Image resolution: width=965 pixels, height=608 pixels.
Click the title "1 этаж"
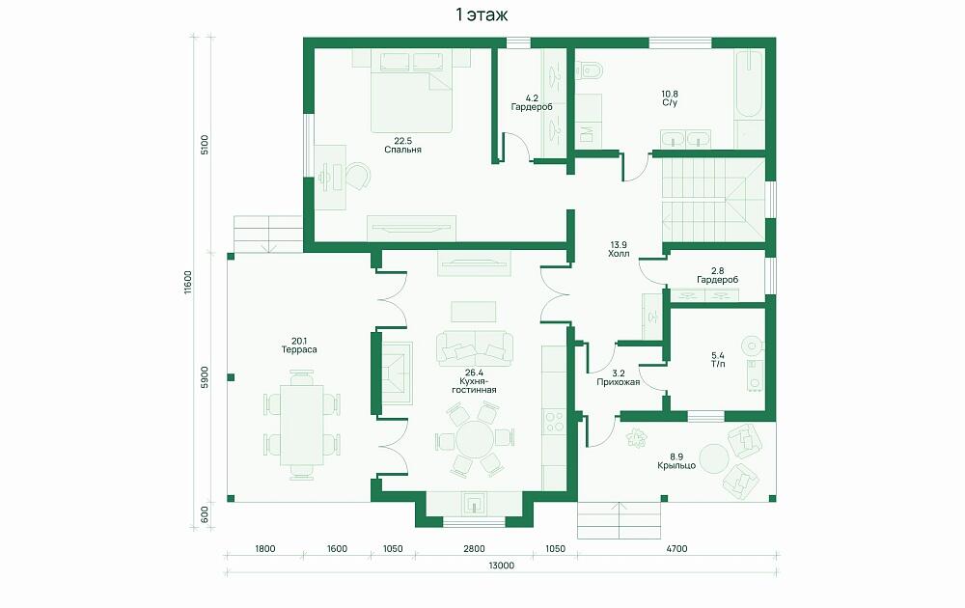click(482, 14)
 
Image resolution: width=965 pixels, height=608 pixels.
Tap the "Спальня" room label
click(402, 150)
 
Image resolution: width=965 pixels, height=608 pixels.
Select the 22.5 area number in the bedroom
click(402, 141)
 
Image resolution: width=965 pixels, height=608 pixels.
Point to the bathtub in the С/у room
click(749, 84)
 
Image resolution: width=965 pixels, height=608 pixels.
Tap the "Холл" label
click(619, 254)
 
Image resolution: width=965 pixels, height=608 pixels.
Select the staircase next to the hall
click(713, 201)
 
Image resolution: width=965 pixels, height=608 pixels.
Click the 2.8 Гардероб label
click(717, 275)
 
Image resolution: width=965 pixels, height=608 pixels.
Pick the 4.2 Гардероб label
click(532, 102)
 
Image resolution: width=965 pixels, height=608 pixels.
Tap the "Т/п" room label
click(718, 364)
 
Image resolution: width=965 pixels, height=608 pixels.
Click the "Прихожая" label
click(619, 382)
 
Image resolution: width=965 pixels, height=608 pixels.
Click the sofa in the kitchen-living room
click(475, 346)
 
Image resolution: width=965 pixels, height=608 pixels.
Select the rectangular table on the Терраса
click(301, 425)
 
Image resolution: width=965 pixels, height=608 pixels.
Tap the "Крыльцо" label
click(676, 466)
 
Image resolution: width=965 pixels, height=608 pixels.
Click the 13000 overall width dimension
click(502, 566)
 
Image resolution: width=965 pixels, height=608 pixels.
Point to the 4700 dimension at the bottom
click(676, 549)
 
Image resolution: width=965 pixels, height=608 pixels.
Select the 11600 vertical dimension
click(188, 283)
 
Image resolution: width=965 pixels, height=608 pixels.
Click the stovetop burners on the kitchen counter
click(554, 421)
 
